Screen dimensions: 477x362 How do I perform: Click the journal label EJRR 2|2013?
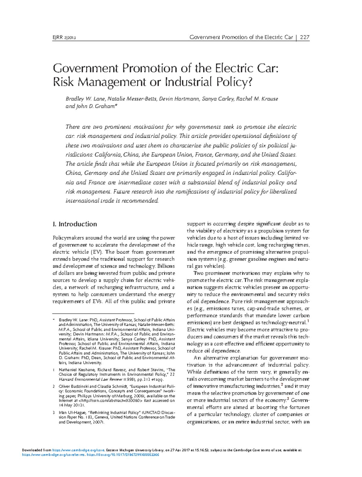click(x=64, y=38)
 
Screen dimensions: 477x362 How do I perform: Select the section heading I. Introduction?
click(x=75, y=224)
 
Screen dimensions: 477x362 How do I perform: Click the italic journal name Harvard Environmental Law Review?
click(x=91, y=379)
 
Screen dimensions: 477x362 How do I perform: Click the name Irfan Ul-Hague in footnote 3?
click(x=72, y=412)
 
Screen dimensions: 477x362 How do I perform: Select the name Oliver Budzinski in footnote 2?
click(x=74, y=386)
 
